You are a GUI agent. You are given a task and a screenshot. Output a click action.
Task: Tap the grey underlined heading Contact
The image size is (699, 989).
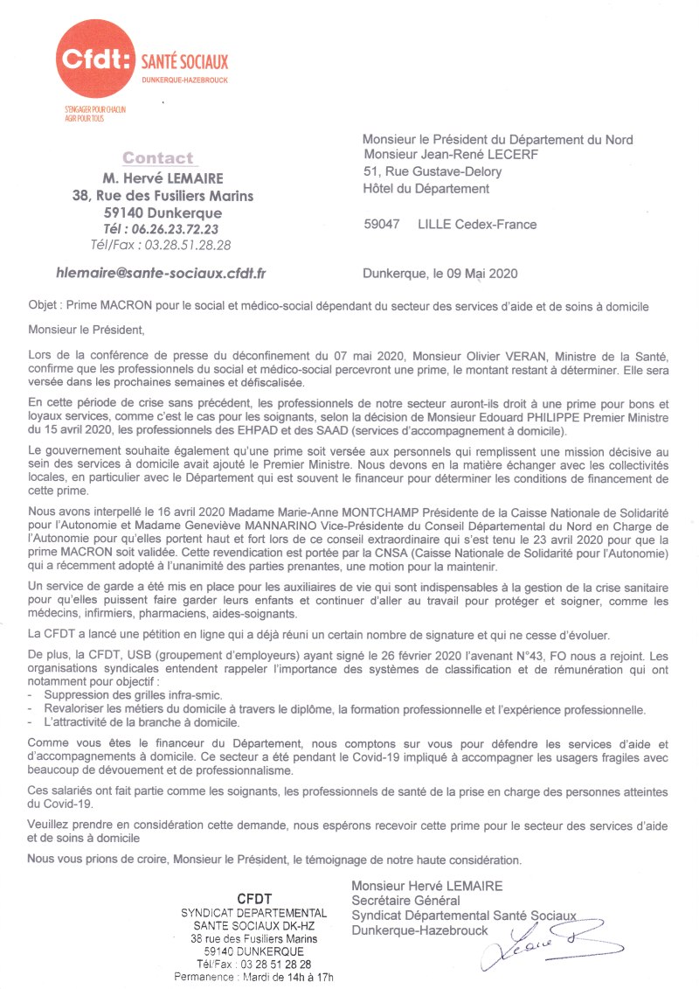[x=158, y=158]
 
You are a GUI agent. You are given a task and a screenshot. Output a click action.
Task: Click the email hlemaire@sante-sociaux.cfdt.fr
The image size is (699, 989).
[x=161, y=273]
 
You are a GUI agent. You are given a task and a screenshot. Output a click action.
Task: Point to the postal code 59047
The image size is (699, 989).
[x=382, y=225]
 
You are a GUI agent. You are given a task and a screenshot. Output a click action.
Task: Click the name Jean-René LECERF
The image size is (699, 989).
[x=475, y=156]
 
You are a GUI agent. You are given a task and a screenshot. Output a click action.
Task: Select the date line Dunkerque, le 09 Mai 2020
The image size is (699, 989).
[x=440, y=273]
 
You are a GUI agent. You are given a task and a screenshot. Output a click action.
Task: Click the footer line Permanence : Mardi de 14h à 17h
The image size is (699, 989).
[x=254, y=977]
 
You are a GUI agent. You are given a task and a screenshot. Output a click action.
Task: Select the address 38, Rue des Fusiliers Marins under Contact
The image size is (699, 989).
[x=163, y=196]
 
